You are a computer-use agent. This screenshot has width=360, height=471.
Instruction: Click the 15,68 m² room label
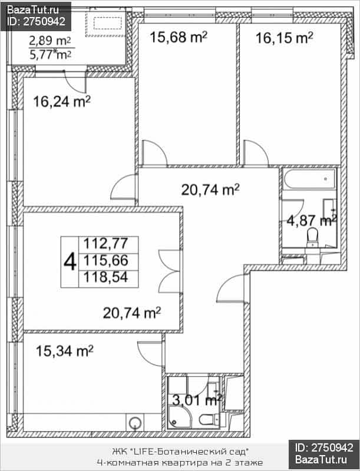(178, 38)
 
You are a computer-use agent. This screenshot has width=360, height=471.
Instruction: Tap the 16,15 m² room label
(284, 38)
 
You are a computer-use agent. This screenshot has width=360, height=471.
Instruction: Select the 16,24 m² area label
(62, 101)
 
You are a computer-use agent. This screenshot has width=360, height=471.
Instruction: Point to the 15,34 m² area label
(64, 351)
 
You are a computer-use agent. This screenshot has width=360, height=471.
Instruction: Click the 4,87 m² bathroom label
(312, 221)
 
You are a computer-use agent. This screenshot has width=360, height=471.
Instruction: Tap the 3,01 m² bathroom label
(197, 400)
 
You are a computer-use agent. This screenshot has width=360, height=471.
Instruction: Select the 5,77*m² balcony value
(50, 55)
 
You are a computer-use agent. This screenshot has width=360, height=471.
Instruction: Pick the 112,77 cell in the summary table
(106, 243)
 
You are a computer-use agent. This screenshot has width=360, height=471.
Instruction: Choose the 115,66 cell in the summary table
(106, 260)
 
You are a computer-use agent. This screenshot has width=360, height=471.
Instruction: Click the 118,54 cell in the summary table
(106, 277)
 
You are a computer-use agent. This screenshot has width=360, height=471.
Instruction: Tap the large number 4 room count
(70, 262)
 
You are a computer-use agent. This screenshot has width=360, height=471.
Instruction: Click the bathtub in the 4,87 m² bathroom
(309, 179)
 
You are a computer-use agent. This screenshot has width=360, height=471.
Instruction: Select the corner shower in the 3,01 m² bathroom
(179, 417)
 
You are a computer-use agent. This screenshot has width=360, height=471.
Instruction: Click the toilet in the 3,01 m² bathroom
(209, 419)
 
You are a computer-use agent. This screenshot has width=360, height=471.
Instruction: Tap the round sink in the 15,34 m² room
(134, 423)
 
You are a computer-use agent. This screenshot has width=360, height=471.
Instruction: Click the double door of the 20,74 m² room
(170, 271)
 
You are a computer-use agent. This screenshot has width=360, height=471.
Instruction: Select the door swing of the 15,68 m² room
(154, 152)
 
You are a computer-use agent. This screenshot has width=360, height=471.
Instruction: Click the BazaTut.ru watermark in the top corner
(33, 10)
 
